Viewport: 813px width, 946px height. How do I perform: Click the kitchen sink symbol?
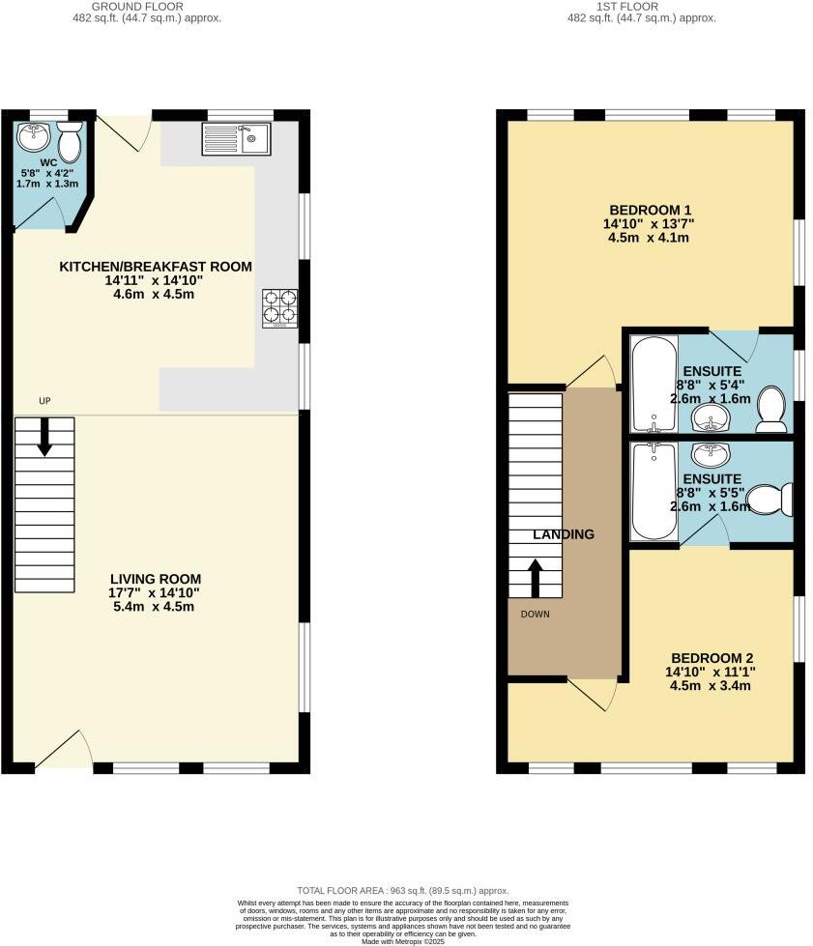coord(238,139)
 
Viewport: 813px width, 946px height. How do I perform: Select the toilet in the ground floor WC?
coord(70,137)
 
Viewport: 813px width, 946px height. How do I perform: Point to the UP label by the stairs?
coord(44,401)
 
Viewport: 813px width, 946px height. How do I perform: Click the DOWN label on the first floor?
coord(535,614)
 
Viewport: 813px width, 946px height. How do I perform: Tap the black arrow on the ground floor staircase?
coord(44,438)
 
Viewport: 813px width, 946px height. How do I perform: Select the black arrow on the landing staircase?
coord(535,578)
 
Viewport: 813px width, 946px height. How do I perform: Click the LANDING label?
coord(563,534)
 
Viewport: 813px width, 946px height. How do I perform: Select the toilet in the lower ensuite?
coord(774,501)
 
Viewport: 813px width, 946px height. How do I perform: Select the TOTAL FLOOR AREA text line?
coord(402,890)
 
